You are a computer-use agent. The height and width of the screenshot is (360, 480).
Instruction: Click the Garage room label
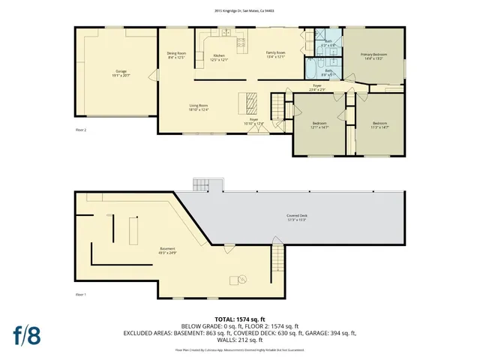pyautogui.click(x=116, y=73)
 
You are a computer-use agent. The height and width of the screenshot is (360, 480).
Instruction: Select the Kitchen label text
pyautogui.click(x=218, y=57)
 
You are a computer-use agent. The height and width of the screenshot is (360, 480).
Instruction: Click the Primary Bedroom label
pyautogui.click(x=373, y=56)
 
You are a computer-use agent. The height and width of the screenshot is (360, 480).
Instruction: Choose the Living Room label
pyautogui.click(x=198, y=108)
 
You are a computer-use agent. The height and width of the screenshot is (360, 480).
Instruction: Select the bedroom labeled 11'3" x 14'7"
pyautogui.click(x=379, y=125)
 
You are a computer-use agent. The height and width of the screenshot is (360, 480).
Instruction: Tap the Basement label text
pyautogui.click(x=167, y=250)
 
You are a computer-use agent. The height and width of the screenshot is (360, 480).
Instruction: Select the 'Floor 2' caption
pyautogui.click(x=81, y=130)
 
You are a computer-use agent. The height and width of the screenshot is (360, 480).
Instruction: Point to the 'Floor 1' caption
pyautogui.click(x=81, y=294)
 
